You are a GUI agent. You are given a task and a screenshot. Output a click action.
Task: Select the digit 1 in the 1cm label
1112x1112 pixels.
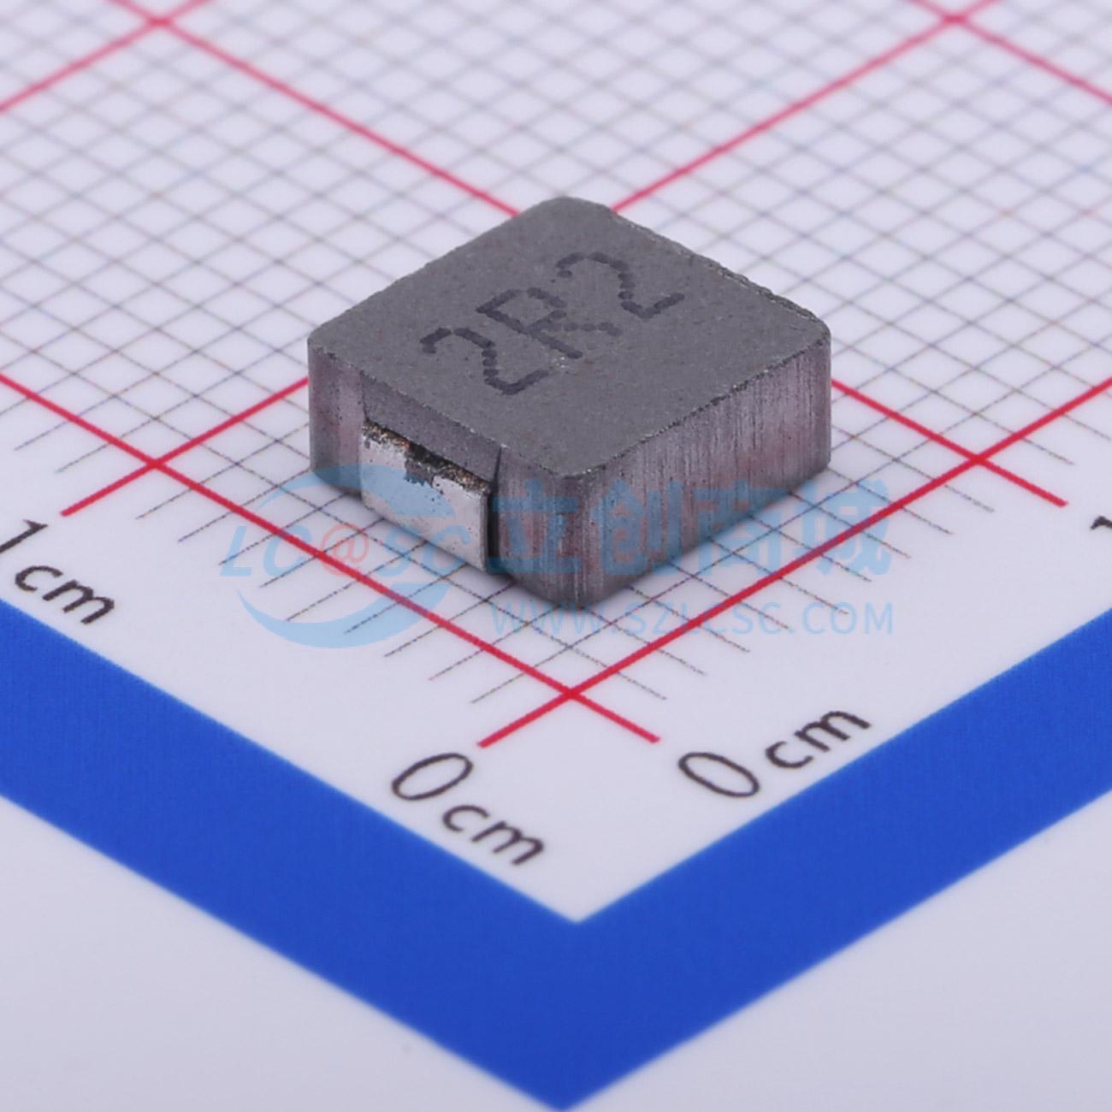tap(26, 542)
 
